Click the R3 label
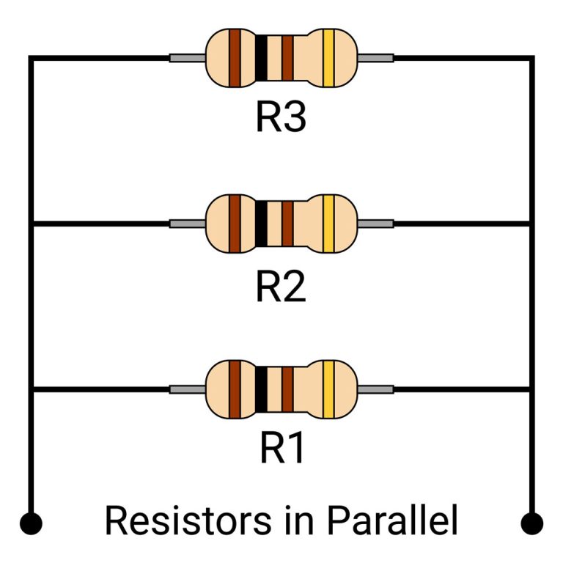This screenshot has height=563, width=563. pyautogui.click(x=281, y=117)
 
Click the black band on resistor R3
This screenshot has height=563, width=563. pyautogui.click(x=261, y=57)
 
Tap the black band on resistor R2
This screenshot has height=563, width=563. pyautogui.click(x=261, y=223)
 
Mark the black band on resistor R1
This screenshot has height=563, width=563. pyautogui.click(x=261, y=389)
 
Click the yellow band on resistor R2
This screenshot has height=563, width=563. pyautogui.click(x=328, y=223)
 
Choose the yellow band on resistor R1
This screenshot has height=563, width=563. pyautogui.click(x=328, y=389)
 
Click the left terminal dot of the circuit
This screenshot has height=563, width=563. pyautogui.click(x=31, y=523)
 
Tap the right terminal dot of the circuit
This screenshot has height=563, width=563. pyautogui.click(x=531, y=523)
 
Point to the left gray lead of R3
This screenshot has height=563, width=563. pyautogui.click(x=187, y=57)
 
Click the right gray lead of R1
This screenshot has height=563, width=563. pyautogui.click(x=375, y=389)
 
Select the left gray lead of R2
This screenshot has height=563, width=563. pyautogui.click(x=187, y=223)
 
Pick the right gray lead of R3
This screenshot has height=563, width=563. pyautogui.click(x=375, y=57)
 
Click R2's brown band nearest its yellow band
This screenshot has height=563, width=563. pyautogui.click(x=287, y=223)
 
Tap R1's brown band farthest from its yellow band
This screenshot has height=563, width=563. pyautogui.click(x=235, y=389)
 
